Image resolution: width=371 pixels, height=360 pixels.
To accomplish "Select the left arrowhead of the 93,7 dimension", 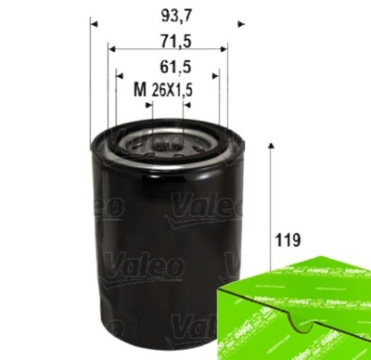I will click(96, 20).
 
